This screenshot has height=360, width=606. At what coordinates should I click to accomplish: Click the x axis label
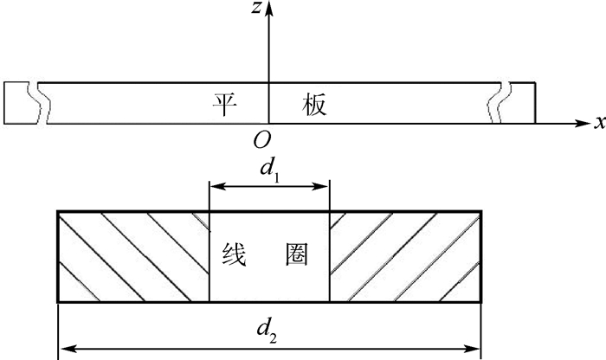click(598, 123)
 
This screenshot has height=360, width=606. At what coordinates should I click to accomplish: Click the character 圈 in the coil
click(296, 256)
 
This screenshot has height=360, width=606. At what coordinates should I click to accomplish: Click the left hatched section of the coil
click(133, 256)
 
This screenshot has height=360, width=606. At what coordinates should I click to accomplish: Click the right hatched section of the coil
click(405, 256)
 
